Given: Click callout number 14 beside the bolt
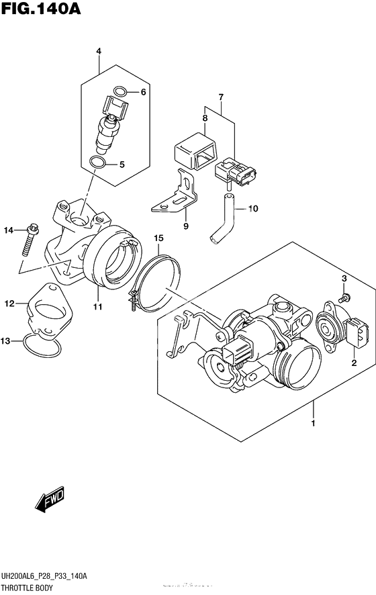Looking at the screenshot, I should (x=8, y=231).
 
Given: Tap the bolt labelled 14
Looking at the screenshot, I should (x=28, y=240).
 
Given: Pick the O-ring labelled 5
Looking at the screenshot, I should (x=96, y=163).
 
